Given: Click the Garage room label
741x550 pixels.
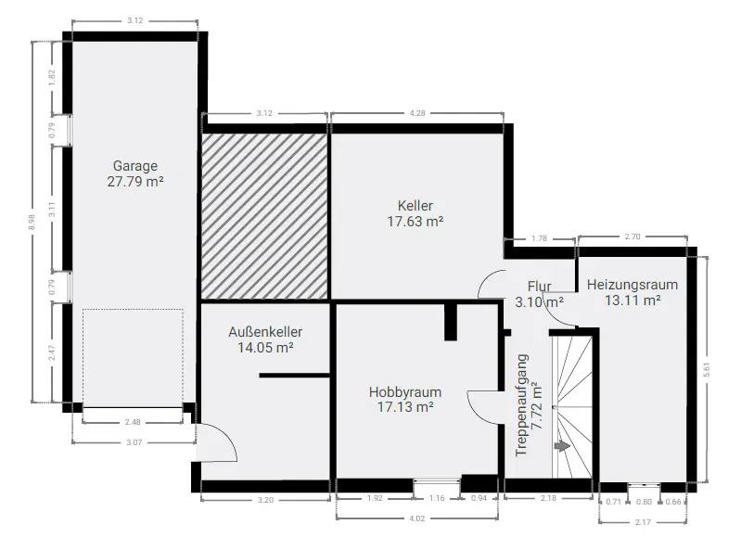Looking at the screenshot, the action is (x=135, y=173).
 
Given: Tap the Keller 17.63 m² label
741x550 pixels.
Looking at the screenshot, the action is (x=415, y=213).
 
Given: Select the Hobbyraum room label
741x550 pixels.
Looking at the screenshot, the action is (x=405, y=399).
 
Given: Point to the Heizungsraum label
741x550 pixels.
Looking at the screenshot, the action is (x=632, y=292).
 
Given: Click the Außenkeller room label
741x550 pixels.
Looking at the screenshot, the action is (x=265, y=339).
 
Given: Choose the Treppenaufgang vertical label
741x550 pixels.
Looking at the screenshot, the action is (x=529, y=405).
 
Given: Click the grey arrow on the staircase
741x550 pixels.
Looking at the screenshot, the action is (x=562, y=445).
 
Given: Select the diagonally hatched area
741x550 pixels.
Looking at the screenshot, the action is (x=264, y=216).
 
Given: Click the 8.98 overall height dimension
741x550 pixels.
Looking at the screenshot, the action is (x=32, y=222).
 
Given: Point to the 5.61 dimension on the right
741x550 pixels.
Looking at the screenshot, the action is (x=707, y=369).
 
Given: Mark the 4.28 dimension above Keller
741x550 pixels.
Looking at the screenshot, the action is (x=416, y=113).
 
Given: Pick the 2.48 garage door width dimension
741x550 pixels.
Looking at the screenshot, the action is (x=133, y=422).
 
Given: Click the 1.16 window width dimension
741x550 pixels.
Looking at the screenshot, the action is (x=437, y=498).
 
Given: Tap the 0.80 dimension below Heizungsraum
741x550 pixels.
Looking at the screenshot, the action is (x=644, y=502).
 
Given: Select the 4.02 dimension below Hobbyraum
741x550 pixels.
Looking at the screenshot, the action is (x=416, y=518).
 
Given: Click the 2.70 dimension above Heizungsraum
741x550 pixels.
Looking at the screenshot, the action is (x=632, y=237).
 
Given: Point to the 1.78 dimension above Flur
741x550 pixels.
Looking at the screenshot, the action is (x=539, y=238).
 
